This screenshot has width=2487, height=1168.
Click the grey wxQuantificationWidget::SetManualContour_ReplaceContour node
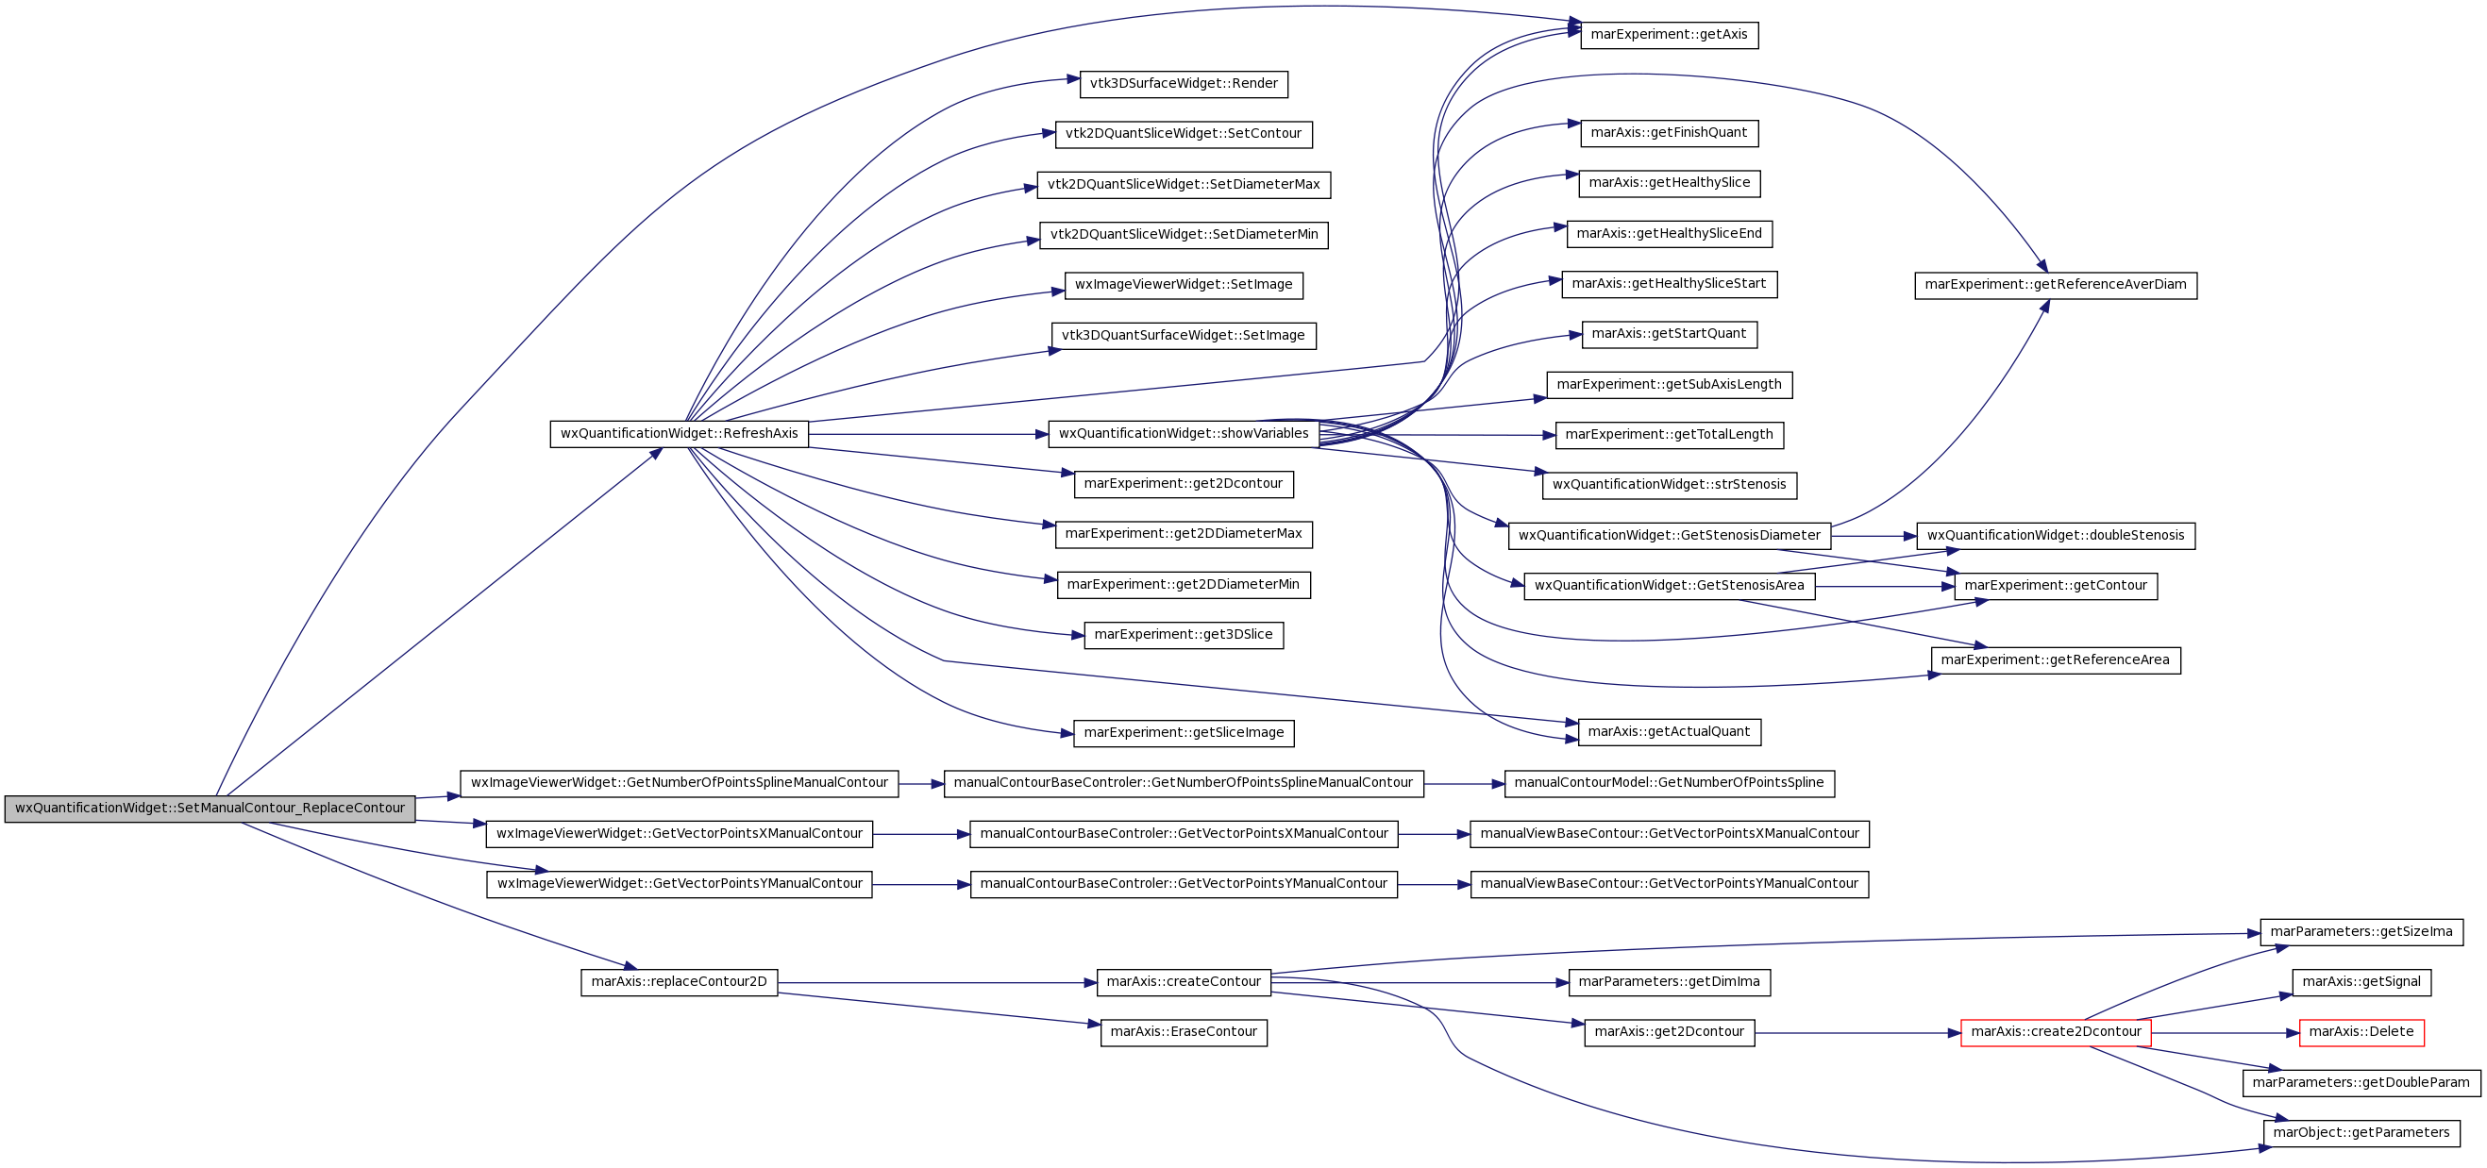[210, 809]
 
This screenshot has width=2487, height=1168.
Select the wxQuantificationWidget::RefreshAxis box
[679, 434]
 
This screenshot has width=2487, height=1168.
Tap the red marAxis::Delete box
[2361, 1033]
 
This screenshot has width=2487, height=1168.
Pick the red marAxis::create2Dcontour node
[2056, 1033]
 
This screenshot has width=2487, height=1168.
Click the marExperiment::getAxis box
[1669, 35]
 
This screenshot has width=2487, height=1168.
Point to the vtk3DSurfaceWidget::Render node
[1184, 84]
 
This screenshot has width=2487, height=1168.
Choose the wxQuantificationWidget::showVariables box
[1184, 434]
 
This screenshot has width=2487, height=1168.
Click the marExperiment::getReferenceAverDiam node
[2056, 286]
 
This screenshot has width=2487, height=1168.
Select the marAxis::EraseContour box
[1184, 1033]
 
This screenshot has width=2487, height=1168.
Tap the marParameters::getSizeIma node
[2361, 932]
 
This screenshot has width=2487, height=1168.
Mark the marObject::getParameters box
[2361, 1133]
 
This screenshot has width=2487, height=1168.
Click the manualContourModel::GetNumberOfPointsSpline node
[1669, 784]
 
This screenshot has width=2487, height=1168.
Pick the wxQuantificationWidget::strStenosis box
[1669, 486]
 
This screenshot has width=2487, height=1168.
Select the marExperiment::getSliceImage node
[1184, 734]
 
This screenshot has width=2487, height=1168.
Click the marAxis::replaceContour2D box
[679, 983]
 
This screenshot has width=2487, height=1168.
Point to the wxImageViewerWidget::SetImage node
[1184, 286]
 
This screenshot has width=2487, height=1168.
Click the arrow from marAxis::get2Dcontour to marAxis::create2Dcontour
[1857, 1033]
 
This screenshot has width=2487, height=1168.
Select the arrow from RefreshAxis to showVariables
[928, 434]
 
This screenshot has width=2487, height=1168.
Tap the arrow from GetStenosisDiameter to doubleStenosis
[1873, 536]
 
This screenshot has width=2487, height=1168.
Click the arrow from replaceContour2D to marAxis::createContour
[936, 983]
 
